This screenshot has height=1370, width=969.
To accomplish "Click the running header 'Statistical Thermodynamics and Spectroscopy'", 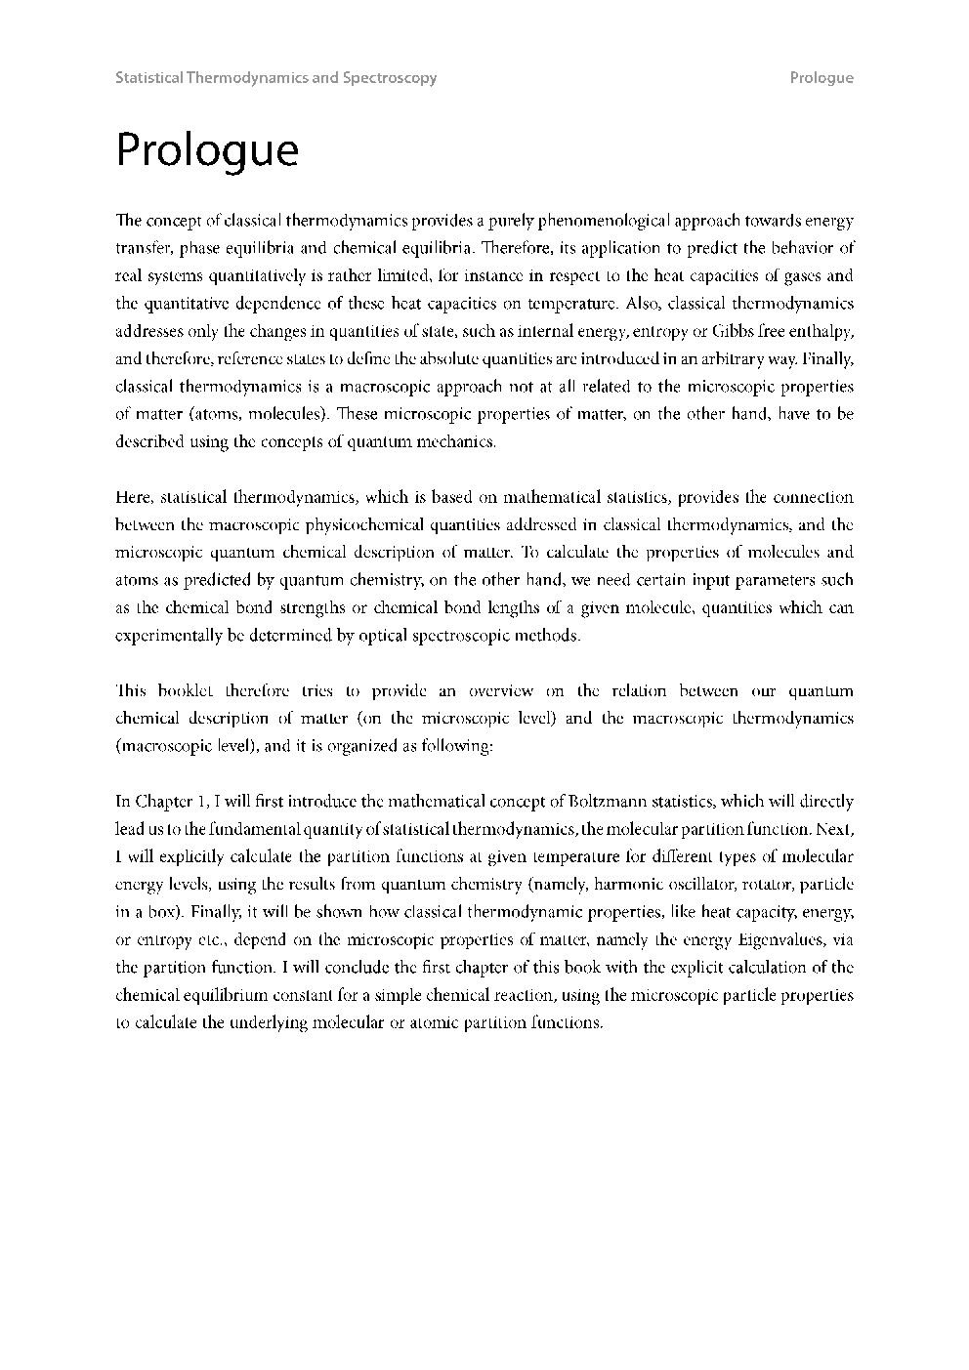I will click(275, 78).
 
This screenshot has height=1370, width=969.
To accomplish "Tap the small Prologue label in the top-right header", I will click(822, 78).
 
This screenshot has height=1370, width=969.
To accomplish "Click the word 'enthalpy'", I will click(822, 330).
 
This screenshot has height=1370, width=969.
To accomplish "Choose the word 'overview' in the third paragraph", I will click(500, 690).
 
